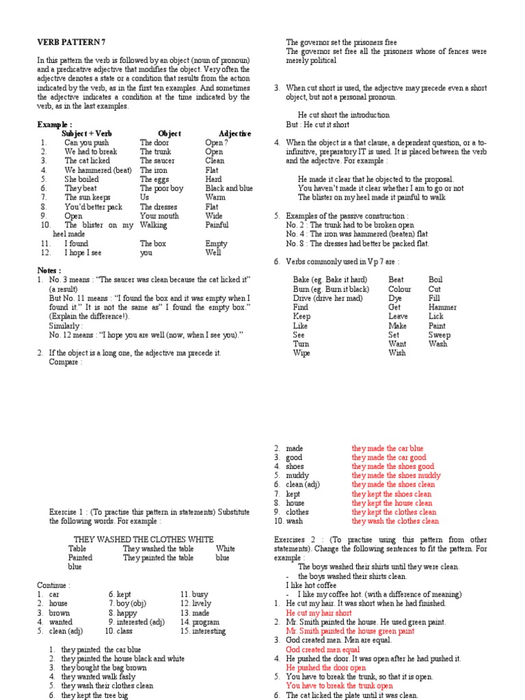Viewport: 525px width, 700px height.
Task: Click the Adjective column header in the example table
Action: (234, 133)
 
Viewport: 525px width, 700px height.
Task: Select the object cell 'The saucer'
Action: (158, 161)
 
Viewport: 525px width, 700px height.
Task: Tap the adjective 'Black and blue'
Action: (229, 188)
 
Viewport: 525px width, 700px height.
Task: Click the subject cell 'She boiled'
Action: (82, 179)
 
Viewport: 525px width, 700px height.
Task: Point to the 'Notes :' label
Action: (49, 270)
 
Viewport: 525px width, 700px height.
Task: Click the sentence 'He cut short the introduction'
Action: (344, 115)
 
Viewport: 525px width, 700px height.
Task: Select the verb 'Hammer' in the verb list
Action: (442, 308)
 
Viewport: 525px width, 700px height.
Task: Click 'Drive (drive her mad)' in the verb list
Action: (330, 299)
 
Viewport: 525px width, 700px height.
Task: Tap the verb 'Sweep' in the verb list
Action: (440, 335)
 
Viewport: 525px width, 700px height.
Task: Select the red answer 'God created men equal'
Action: (323, 649)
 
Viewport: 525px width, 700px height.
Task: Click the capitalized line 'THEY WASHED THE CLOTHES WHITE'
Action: (144, 539)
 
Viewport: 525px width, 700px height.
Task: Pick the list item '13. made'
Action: (196, 613)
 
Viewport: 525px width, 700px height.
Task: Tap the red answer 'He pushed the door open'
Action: (326, 667)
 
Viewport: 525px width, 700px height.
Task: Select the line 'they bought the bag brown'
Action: (103, 667)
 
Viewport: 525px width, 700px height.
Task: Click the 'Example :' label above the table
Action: (55, 124)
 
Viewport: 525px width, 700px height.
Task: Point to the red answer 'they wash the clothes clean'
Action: (396, 521)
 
